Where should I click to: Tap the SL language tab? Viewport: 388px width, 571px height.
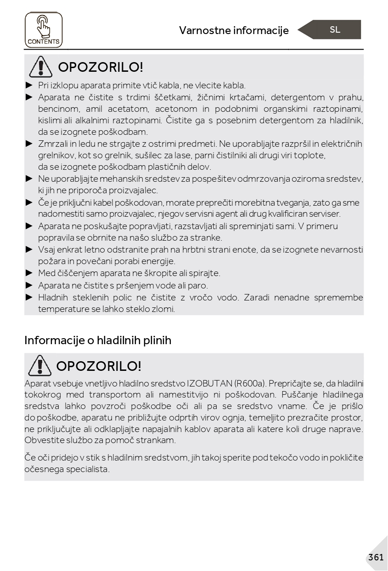335,30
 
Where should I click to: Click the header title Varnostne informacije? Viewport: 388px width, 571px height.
234,30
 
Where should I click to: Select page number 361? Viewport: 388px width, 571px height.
376,557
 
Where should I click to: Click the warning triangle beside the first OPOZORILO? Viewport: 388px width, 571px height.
40,67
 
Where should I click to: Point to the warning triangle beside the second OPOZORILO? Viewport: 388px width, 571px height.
39,366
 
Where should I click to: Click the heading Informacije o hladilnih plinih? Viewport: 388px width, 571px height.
98,340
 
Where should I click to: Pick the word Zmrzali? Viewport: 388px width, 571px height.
53,144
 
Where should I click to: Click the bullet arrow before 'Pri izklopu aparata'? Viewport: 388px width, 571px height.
29,85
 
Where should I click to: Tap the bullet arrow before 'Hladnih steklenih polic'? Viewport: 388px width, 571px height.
29,297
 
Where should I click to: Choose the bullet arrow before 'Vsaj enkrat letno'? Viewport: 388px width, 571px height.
29,249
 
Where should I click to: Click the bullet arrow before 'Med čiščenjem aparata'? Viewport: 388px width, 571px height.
29,273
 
